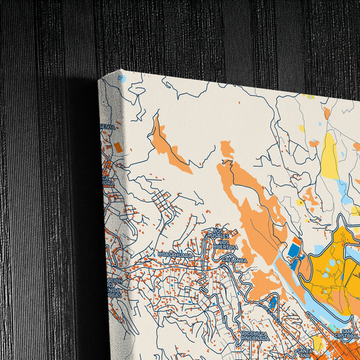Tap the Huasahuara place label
pyautogui.click(x=175, y=255)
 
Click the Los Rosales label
pyautogui.click(x=217, y=234)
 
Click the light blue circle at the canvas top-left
pyautogui.click(x=122, y=79)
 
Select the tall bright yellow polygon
pyautogui.click(x=330, y=155)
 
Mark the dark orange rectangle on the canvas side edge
pyautogui.click(x=118, y=147)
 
